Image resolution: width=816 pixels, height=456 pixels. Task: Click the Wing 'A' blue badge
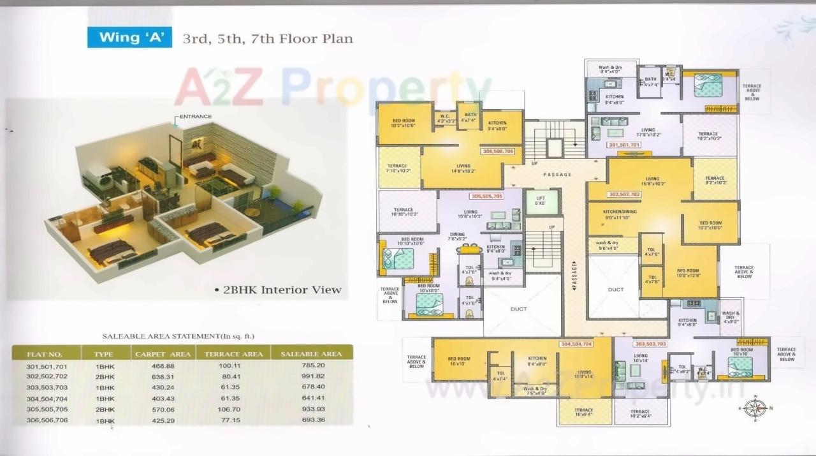[x=130, y=37]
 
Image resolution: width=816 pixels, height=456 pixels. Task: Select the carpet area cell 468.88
[x=163, y=365]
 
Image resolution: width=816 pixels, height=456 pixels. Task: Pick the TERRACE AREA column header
[x=233, y=354]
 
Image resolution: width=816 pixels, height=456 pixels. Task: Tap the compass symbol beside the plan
[x=755, y=407]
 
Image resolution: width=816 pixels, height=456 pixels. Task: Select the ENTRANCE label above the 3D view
[x=195, y=117]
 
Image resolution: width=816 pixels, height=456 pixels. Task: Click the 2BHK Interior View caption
[x=281, y=290]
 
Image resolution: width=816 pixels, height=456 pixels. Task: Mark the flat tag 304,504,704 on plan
[x=576, y=344]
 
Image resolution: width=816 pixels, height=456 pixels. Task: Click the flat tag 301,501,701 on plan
[x=623, y=145]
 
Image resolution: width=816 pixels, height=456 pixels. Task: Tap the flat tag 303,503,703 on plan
[x=650, y=344]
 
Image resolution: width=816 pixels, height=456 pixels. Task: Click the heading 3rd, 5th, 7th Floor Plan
[x=268, y=39]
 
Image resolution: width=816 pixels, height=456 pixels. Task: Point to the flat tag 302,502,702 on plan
[x=624, y=194]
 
